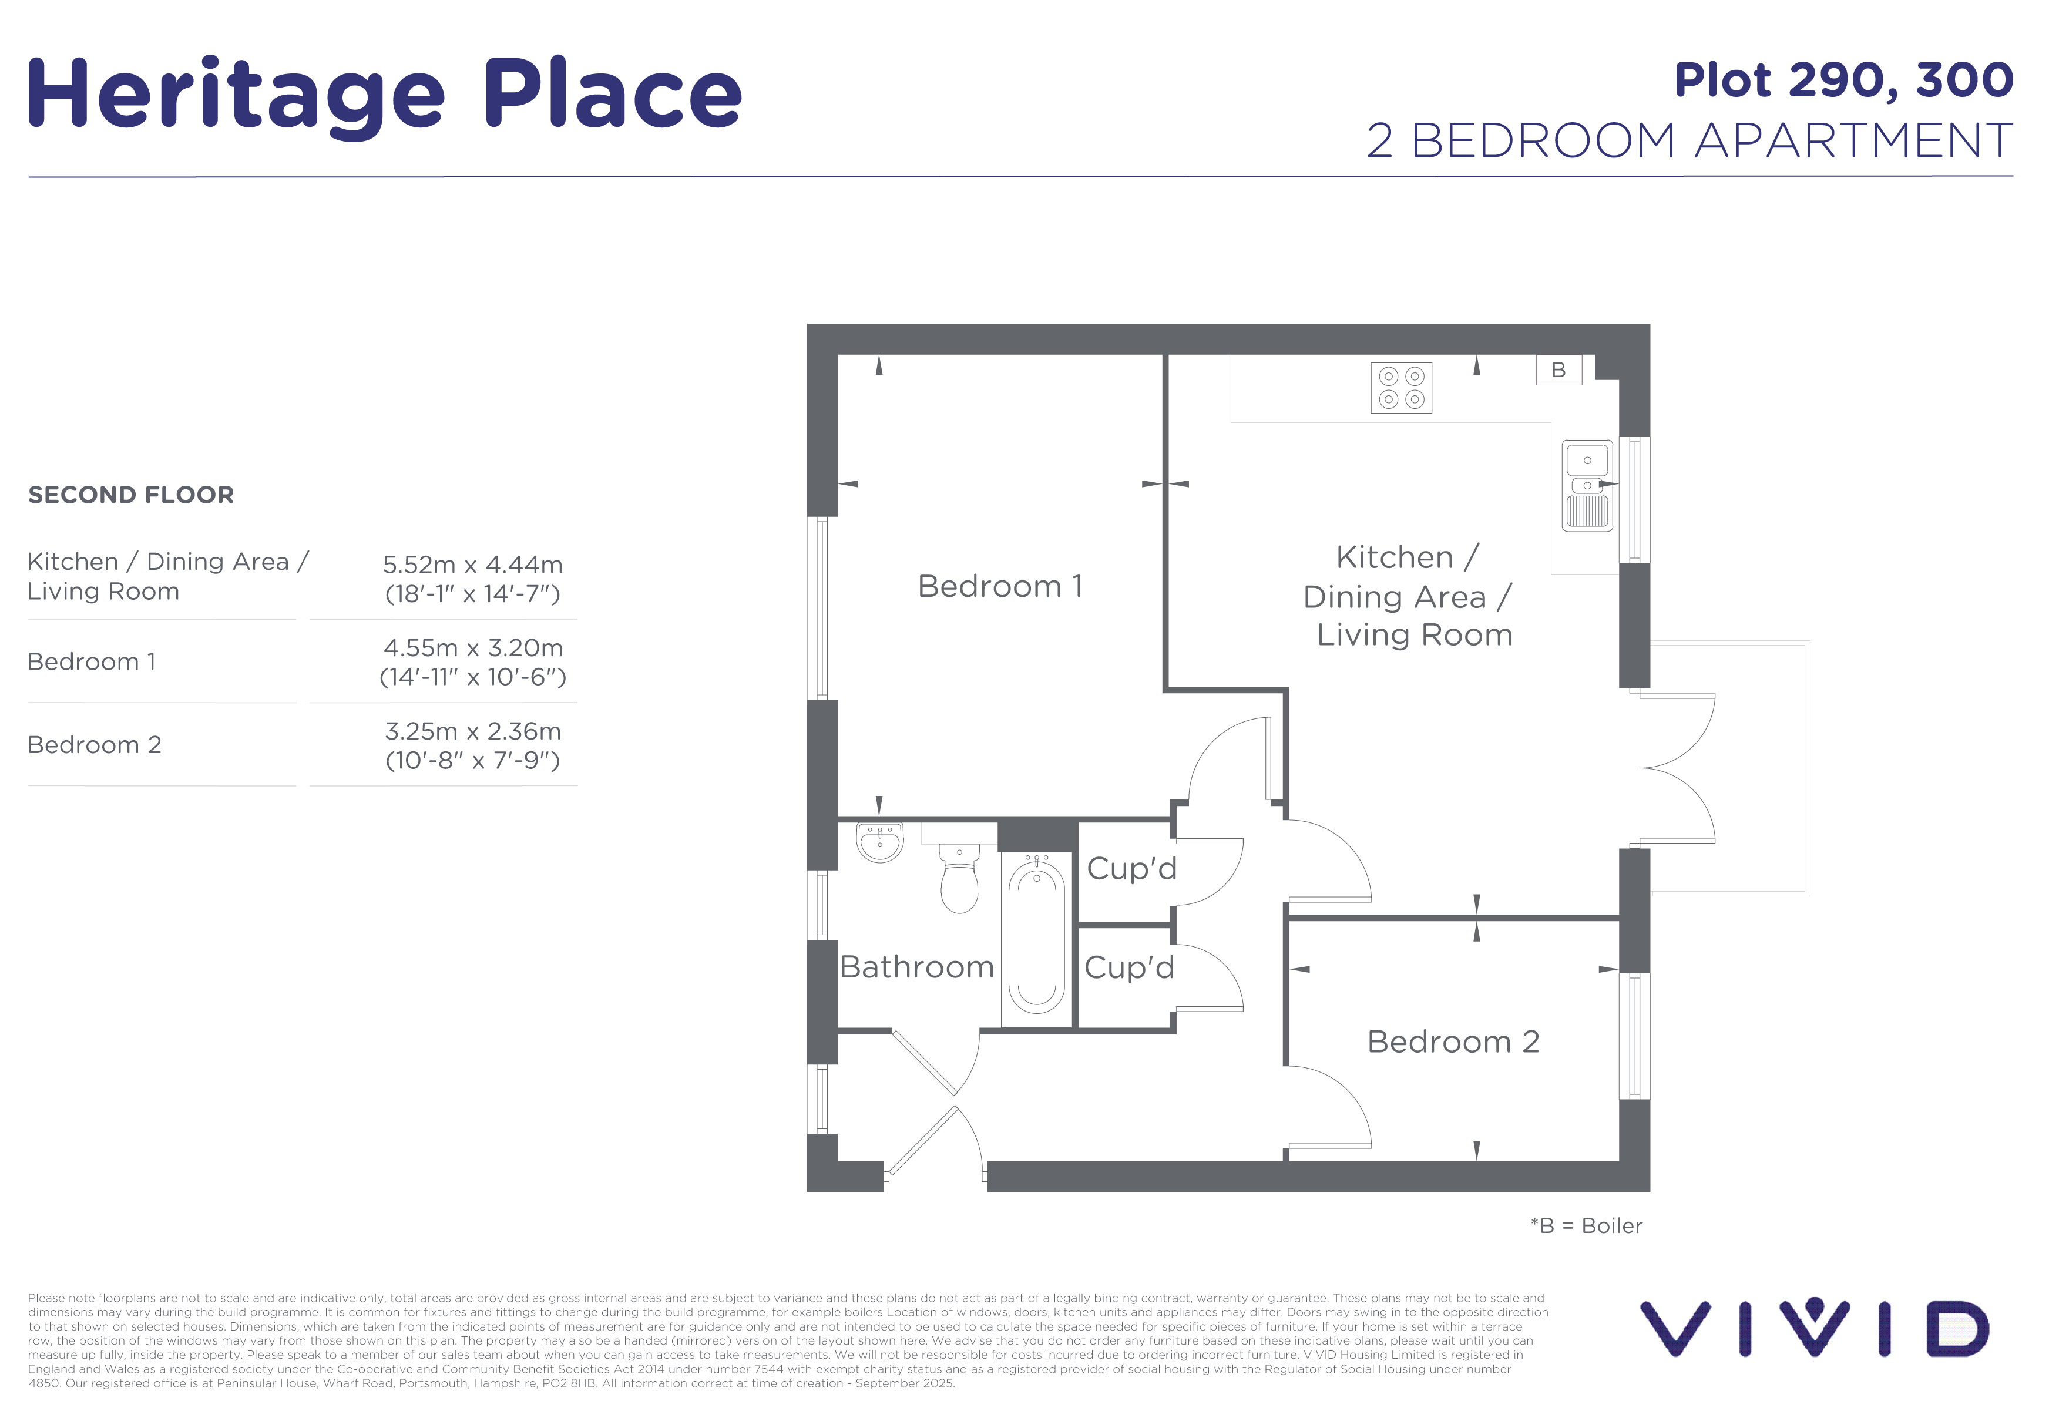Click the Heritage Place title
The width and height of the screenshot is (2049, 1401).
pos(385,95)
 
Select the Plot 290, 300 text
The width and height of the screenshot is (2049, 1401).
pos(1843,81)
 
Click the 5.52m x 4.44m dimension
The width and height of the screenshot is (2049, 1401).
pos(472,565)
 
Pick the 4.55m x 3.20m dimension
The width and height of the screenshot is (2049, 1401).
pos(472,648)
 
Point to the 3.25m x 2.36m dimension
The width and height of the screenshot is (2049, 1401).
pos(472,731)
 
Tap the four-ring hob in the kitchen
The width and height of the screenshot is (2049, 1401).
pos(1401,388)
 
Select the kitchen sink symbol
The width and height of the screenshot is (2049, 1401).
pos(1587,486)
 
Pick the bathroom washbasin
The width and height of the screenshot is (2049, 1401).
pos(880,841)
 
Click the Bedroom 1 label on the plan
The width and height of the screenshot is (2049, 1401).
pos(1000,586)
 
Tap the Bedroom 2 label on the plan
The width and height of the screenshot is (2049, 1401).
pos(1453,1042)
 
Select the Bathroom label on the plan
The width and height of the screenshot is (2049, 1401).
pos(917,967)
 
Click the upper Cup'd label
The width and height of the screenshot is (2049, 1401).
pos(1132,868)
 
